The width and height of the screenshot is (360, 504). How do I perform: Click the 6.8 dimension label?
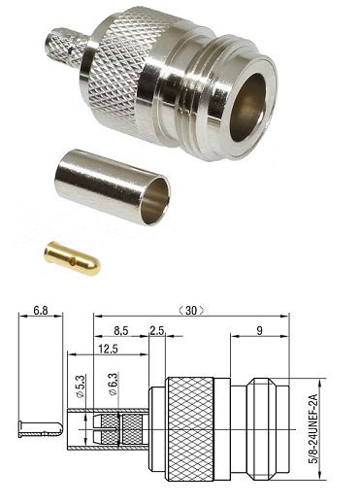point(41,311)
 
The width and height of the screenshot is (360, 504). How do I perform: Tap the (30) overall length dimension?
point(191,311)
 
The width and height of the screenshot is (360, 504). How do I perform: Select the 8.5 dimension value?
point(121,330)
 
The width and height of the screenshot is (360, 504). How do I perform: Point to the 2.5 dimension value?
point(157,330)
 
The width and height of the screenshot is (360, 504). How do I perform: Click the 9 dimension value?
point(259,330)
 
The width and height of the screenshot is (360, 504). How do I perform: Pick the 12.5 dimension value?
point(108,349)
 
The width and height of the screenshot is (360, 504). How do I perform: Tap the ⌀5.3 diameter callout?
point(81,386)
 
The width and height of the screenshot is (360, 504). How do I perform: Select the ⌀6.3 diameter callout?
point(114,385)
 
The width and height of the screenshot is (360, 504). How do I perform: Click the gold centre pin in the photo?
point(72,258)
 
